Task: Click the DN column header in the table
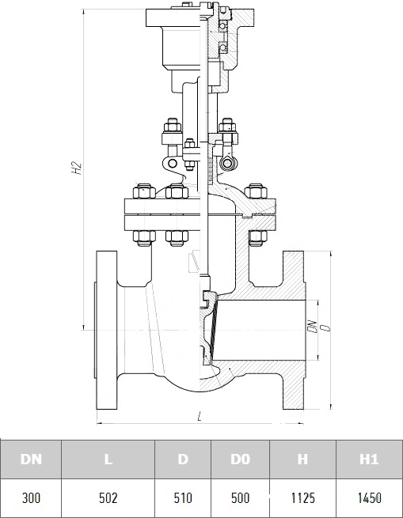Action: click(x=31, y=459)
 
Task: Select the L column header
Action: click(x=108, y=459)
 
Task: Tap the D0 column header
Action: click(x=240, y=459)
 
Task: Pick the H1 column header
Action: click(x=369, y=459)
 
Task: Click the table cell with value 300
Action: click(x=31, y=498)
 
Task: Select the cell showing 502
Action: click(x=108, y=498)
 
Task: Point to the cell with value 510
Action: click(x=183, y=498)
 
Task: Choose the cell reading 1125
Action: click(x=302, y=498)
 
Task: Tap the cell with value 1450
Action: click(x=369, y=498)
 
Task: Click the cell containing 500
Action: click(x=240, y=498)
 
